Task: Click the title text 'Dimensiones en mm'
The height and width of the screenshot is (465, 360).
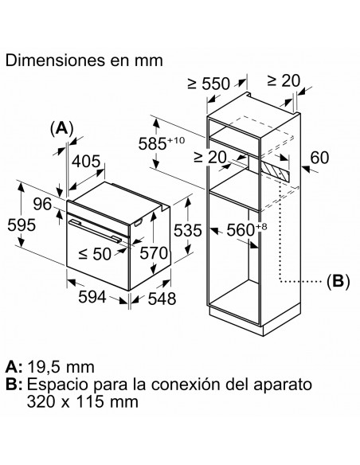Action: (84, 61)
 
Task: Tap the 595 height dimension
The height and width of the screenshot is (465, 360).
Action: (22, 225)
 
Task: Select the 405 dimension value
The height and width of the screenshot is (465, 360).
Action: (87, 162)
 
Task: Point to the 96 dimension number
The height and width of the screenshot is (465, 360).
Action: (42, 205)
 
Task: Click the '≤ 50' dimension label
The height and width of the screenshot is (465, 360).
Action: (95, 254)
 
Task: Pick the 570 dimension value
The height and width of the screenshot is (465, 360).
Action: (154, 253)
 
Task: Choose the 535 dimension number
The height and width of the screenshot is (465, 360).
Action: (187, 230)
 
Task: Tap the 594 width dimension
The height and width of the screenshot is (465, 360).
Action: (92, 296)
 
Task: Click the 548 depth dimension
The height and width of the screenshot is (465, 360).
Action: (162, 299)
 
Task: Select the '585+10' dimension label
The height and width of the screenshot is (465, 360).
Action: (162, 143)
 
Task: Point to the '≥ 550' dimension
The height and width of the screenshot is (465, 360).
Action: (209, 84)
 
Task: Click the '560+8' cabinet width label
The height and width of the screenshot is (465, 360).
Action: (247, 229)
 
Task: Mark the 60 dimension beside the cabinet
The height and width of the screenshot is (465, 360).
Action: (319, 158)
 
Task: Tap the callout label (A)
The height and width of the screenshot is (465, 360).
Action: (61, 129)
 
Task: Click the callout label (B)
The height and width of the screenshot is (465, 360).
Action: (338, 281)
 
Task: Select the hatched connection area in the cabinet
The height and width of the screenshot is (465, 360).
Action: (275, 170)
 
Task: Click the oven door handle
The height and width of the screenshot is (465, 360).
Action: (95, 231)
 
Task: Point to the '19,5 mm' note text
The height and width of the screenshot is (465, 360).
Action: (61, 367)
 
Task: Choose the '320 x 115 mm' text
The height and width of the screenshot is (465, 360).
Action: (83, 402)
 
